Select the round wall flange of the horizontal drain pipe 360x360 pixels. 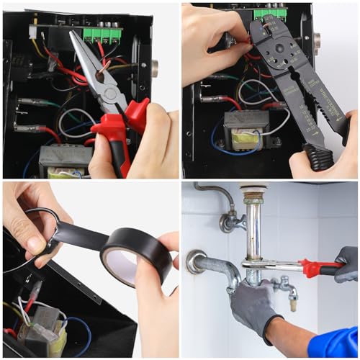pyautogui.click(x=195, y=261)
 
